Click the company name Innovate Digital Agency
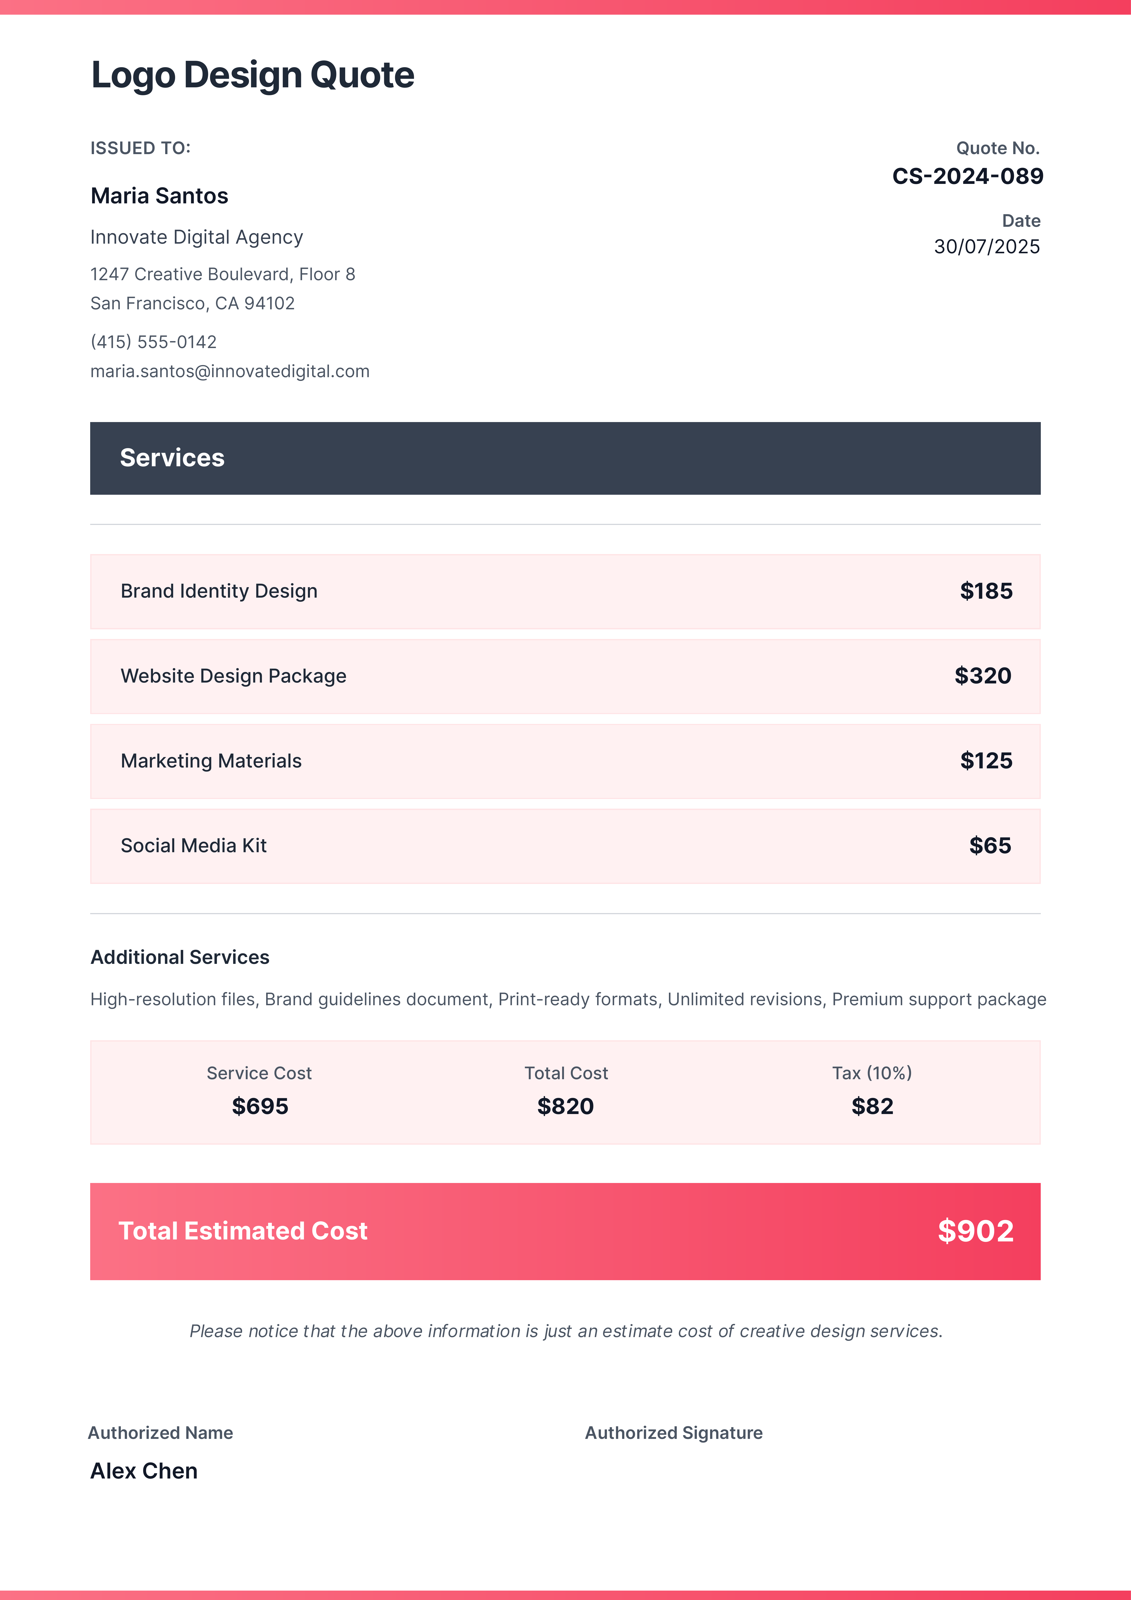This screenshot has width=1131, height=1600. tap(197, 238)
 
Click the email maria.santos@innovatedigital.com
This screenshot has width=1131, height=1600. tap(230, 371)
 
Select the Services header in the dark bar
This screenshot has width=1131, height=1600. tap(172, 458)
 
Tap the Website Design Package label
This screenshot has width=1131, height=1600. tap(234, 676)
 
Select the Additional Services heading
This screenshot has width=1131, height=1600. tap(180, 958)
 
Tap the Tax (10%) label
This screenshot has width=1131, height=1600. tap(872, 1073)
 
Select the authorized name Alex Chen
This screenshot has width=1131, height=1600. tap(144, 1471)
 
